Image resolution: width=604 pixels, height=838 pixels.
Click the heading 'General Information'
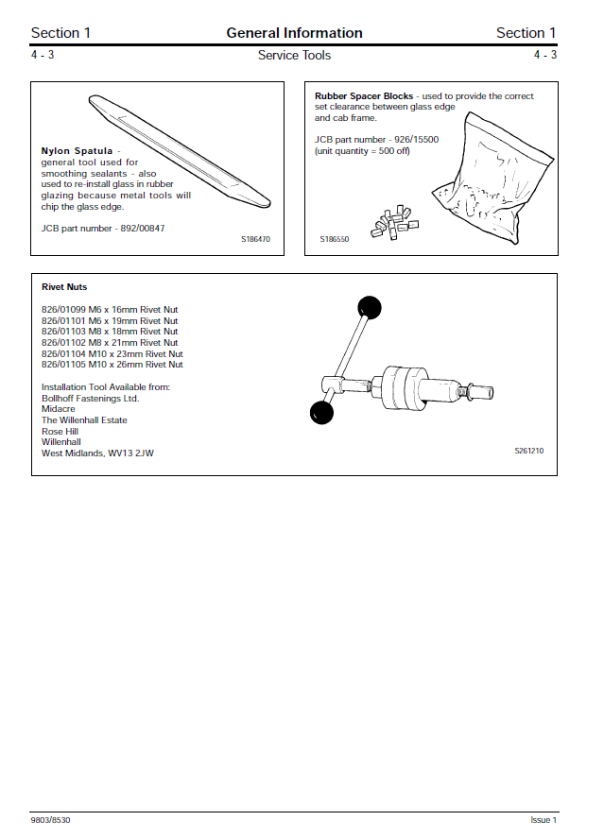(294, 33)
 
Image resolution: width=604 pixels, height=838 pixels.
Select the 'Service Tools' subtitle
(294, 56)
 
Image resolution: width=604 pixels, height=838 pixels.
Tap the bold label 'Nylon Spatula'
(77, 151)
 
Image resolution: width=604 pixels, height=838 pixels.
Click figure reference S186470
(255, 240)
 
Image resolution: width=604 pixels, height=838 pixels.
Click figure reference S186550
(334, 240)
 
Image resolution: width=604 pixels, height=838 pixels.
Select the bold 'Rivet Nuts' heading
(64, 287)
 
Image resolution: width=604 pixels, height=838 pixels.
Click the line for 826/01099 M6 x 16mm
(110, 310)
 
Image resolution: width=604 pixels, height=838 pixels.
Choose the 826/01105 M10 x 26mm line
(112, 365)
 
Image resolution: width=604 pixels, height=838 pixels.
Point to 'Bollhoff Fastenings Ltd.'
(90, 399)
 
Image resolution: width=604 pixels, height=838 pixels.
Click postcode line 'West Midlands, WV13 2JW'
(97, 453)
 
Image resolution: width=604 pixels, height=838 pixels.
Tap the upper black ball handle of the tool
(369, 307)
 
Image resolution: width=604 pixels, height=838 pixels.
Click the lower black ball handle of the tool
(322, 412)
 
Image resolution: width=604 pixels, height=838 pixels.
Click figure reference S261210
(528, 452)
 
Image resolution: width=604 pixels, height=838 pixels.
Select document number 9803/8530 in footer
(50, 820)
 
